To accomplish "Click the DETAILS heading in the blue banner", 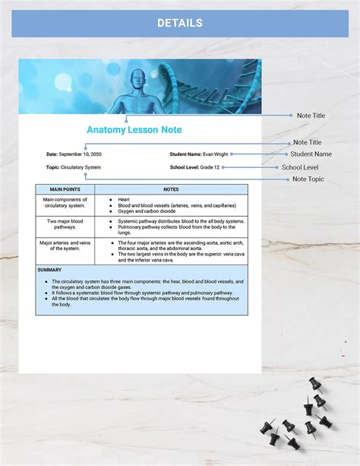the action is pyautogui.click(x=180, y=23).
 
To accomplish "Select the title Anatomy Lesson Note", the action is pyautogui.click(x=134, y=130).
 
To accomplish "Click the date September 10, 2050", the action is pyautogui.click(x=81, y=154).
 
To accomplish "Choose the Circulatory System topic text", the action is pyautogui.click(x=81, y=167).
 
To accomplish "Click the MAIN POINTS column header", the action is pyautogui.click(x=65, y=189).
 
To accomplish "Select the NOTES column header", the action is pyautogui.click(x=171, y=189).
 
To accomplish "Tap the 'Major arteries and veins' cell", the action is pyautogui.click(x=65, y=246).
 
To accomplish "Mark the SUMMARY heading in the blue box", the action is pyautogui.click(x=49, y=270).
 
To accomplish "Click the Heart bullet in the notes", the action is pyautogui.click(x=124, y=199).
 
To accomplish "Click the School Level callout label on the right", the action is pyautogui.click(x=300, y=167).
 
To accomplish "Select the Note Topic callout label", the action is pyautogui.click(x=308, y=179).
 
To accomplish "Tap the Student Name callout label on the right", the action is pyautogui.click(x=306, y=154).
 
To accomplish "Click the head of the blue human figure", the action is pyautogui.click(x=137, y=78).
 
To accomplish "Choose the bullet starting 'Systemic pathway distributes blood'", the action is pyautogui.click(x=181, y=220).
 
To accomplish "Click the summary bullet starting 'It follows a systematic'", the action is pyautogui.click(x=143, y=292).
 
